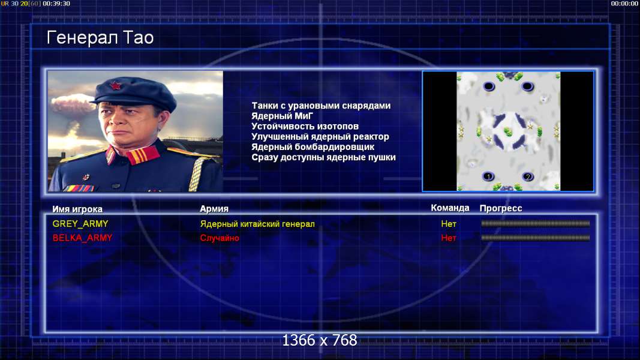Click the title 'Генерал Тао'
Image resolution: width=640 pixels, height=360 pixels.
(x=100, y=38)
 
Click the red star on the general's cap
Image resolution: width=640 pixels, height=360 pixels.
(x=116, y=86)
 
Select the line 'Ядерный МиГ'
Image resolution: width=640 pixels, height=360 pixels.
(x=282, y=116)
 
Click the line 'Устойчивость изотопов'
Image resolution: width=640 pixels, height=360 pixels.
(x=305, y=126)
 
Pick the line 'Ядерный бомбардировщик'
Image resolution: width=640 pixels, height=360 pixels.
(x=313, y=146)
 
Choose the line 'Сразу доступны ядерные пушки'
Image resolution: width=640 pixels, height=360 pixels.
(x=323, y=157)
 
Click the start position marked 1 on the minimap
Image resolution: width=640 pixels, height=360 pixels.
(x=488, y=176)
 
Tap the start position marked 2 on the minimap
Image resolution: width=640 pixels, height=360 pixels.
(x=527, y=176)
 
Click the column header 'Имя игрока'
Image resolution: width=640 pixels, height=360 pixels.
(x=77, y=209)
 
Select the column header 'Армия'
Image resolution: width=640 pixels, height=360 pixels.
(x=214, y=209)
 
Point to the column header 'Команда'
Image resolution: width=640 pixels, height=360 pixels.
(x=450, y=208)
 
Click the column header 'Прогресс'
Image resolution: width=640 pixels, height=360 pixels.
(x=500, y=208)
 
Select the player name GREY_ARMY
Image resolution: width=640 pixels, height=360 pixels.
(x=80, y=224)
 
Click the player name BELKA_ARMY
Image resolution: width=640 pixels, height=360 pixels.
(x=82, y=238)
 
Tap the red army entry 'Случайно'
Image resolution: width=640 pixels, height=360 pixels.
(x=219, y=238)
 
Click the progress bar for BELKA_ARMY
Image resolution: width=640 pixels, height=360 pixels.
(x=535, y=238)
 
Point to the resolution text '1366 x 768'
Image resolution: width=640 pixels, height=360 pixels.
(x=320, y=340)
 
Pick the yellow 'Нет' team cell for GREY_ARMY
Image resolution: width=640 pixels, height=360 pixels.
(x=449, y=224)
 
